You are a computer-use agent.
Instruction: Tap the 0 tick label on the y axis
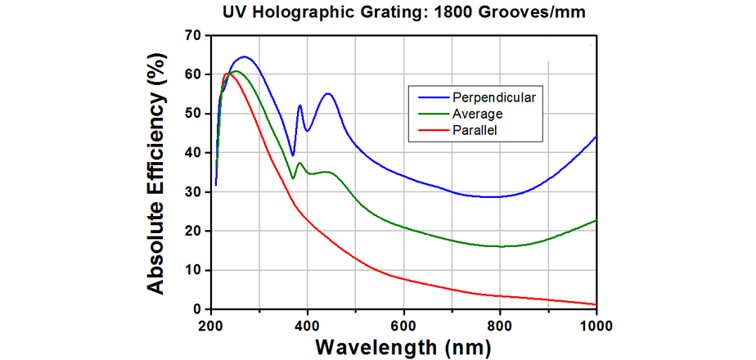[196, 309]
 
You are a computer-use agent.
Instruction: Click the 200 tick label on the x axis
[211, 325]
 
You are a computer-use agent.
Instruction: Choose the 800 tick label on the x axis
[500, 325]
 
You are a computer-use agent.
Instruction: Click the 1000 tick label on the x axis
[595, 325]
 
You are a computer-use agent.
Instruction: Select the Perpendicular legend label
[493, 98]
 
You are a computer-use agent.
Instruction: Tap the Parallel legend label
[475, 129]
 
